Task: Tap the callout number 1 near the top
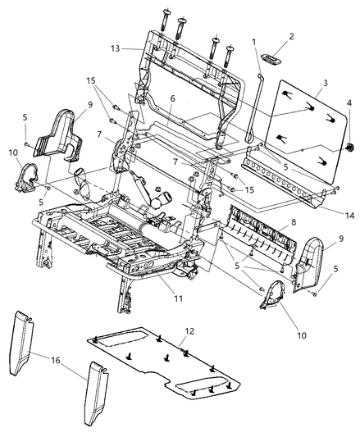(x=254, y=42)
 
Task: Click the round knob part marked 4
(x=349, y=147)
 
